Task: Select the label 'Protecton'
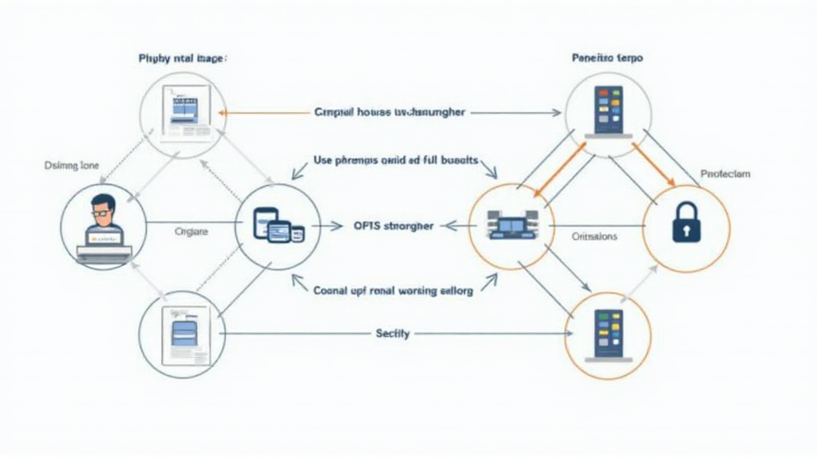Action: (724, 174)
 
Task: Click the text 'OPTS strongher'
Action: (393, 226)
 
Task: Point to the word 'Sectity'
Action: (392, 333)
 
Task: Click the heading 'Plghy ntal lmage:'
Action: (182, 58)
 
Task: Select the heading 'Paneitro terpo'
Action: (608, 58)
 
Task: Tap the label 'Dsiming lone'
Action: (72, 166)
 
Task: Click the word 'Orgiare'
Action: (191, 231)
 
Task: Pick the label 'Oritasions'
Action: (595, 237)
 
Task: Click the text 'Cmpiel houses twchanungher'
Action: (389, 113)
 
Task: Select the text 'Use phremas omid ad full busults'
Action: (396, 160)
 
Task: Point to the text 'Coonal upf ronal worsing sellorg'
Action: (393, 291)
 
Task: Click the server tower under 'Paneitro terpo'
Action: (608, 112)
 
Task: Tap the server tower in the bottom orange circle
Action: (608, 335)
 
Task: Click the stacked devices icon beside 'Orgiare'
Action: (278, 226)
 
